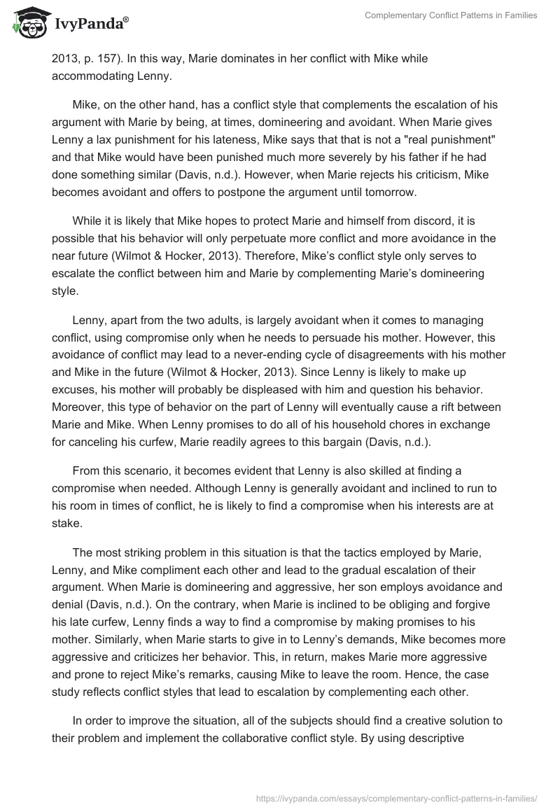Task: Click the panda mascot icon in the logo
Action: (x=26, y=20)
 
